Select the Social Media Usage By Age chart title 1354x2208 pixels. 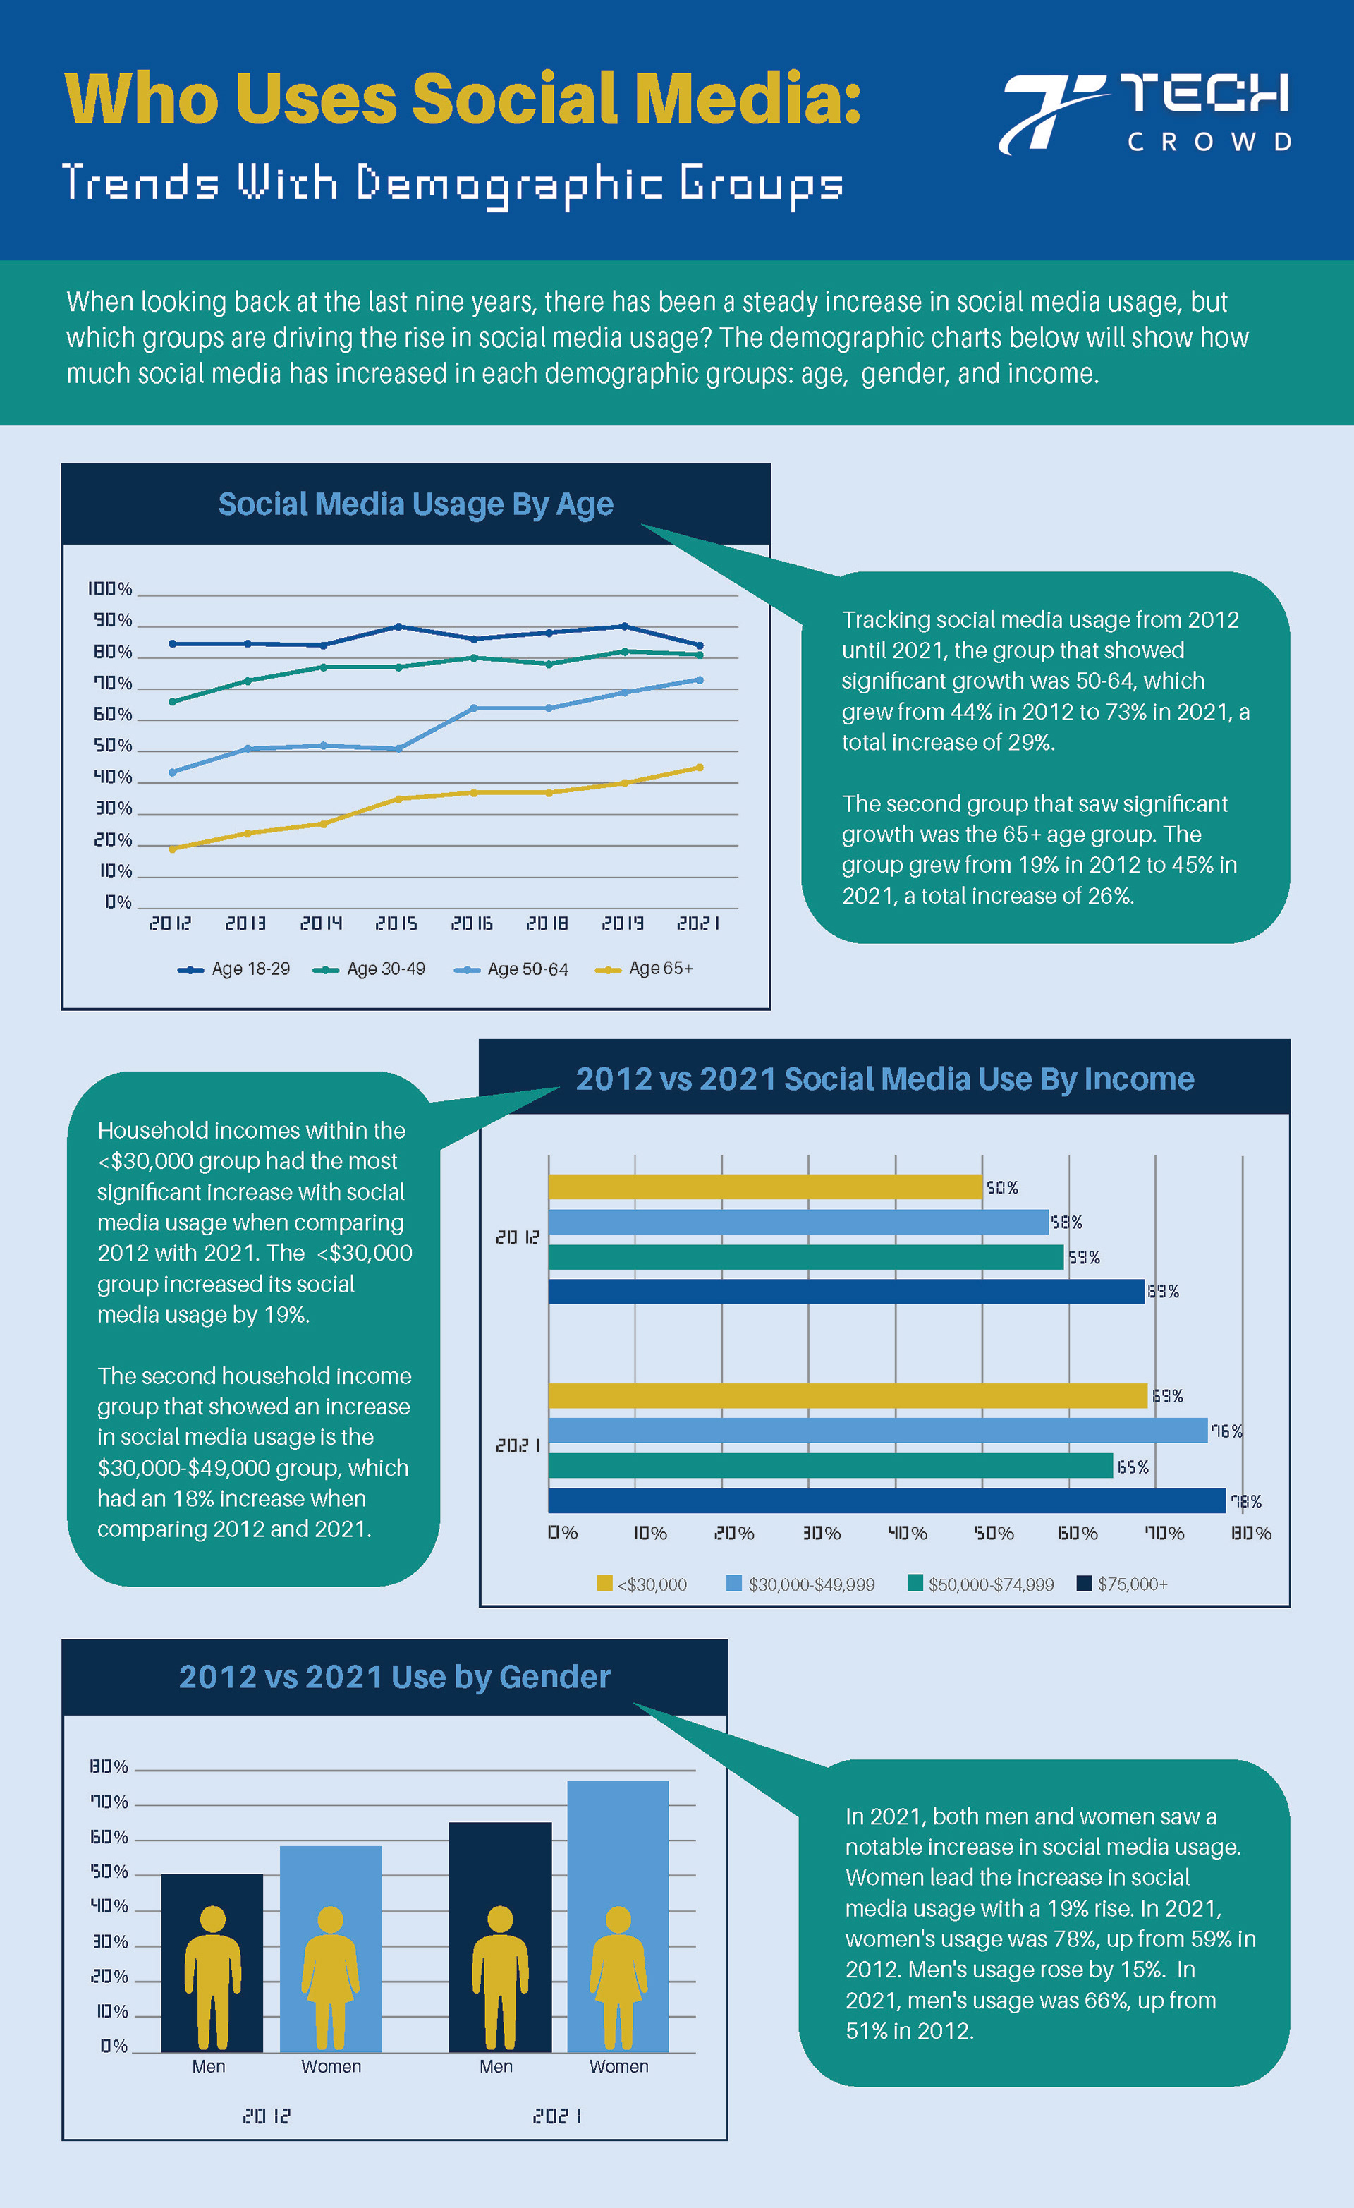[416, 504]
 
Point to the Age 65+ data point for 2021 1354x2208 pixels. [699, 767]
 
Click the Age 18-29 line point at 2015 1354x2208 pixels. [398, 626]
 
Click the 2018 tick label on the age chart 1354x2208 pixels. [547, 923]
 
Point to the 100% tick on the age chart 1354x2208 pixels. [110, 589]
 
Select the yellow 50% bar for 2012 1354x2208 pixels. [764, 1187]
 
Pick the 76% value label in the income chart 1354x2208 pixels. [1226, 1431]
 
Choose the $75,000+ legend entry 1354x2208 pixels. [1123, 1584]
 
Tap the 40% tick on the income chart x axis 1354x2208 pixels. [907, 1533]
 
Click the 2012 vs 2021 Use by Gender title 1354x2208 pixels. [394, 1677]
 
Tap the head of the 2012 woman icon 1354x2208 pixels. [331, 1919]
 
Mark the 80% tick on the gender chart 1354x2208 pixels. [109, 1767]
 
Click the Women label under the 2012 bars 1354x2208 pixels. [331, 2066]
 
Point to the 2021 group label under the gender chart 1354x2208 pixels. [556, 2116]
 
